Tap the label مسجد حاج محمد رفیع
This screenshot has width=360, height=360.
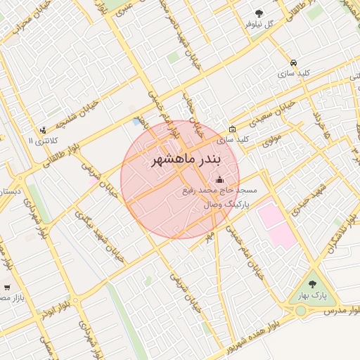[x=219, y=191]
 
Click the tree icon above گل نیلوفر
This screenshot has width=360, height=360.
[x=259, y=13]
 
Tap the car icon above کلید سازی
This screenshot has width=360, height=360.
[x=292, y=62]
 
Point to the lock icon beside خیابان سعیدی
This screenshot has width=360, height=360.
[x=232, y=129]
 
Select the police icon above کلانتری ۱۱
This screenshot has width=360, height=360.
[x=44, y=129]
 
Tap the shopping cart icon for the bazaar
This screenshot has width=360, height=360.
[x=7, y=287]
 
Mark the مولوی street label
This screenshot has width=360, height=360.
[x=272, y=141]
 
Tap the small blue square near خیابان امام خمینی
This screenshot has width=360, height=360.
[x=136, y=122]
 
